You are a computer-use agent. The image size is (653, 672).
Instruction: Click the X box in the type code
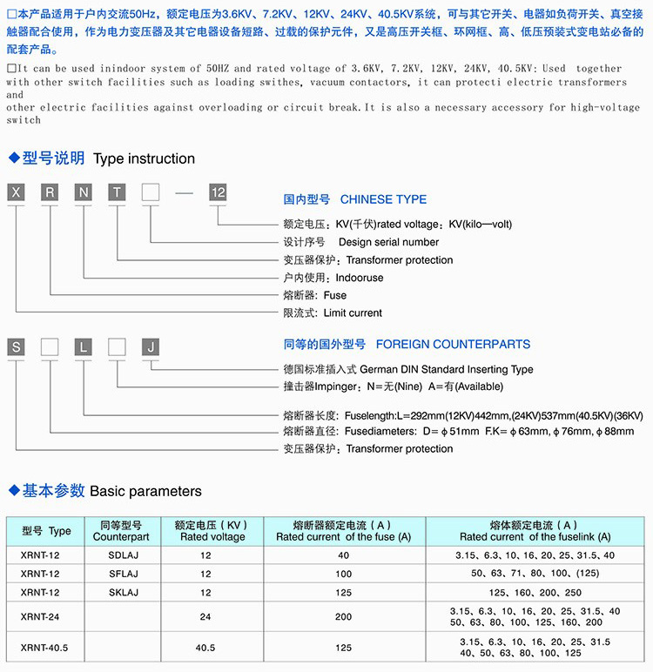(x=17, y=193)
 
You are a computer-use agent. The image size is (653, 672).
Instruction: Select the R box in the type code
(x=50, y=193)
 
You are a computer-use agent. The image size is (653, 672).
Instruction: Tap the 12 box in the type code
(x=217, y=193)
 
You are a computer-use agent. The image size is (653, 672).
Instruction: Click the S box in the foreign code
(x=17, y=346)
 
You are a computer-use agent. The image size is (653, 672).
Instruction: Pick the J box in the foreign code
(x=151, y=346)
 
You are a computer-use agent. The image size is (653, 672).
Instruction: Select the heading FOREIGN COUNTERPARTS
(x=453, y=344)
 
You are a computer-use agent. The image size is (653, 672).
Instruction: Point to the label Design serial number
(x=388, y=242)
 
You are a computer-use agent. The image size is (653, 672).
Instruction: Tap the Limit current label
(x=353, y=312)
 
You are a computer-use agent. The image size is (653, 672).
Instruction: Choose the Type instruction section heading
(x=144, y=158)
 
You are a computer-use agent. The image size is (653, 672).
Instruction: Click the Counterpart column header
(x=121, y=537)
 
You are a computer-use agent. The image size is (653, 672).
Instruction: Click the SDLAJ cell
(x=121, y=555)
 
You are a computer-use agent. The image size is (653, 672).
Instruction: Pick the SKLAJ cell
(x=121, y=593)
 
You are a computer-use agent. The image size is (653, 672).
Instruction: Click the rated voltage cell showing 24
(x=205, y=617)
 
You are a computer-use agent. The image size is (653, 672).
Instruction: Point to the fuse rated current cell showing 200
(x=343, y=617)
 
